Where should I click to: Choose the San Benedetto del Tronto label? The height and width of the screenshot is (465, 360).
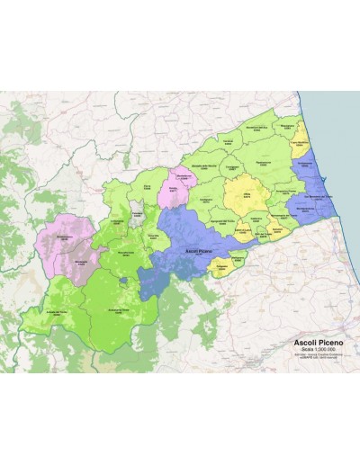(x=315, y=197)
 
